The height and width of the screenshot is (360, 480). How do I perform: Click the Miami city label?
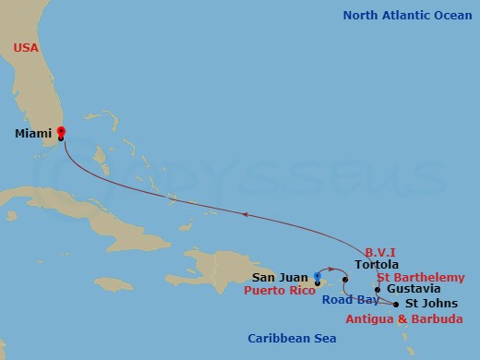point(33,134)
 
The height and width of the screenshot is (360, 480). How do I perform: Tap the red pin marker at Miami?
point(61,132)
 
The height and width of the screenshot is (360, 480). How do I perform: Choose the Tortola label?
point(376,263)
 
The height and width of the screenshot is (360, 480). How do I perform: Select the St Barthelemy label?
point(420,275)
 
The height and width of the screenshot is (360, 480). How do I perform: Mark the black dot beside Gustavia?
point(378,289)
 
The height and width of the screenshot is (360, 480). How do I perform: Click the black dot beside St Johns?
point(396,304)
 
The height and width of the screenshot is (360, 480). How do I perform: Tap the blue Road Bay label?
point(347,299)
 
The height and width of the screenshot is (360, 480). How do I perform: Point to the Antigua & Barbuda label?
point(399,319)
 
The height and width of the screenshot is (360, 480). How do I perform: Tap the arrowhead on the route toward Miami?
point(245,214)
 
